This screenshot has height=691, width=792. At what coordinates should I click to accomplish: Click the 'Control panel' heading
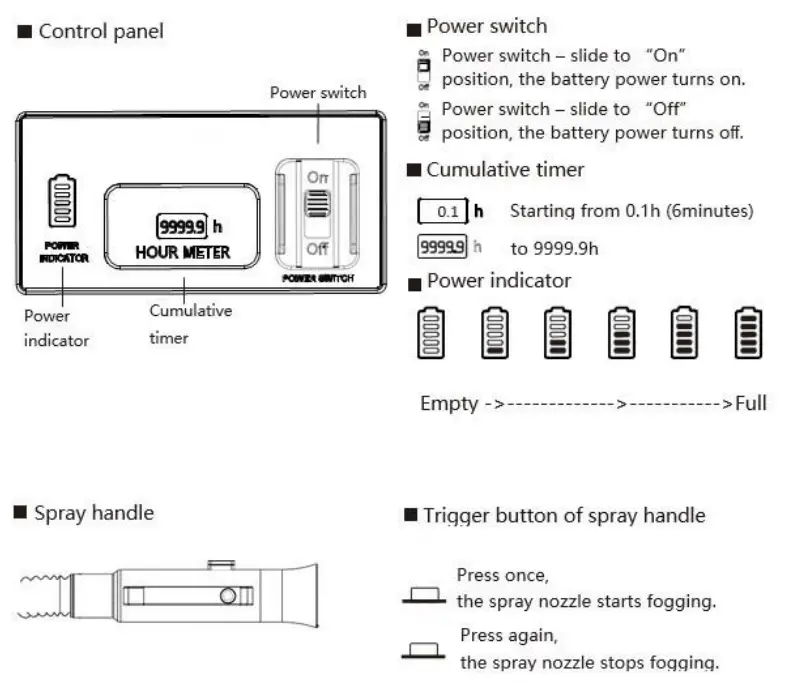[100, 31]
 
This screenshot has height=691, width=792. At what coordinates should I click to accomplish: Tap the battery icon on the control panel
[63, 203]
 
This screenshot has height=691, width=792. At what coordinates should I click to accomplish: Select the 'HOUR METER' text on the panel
[182, 253]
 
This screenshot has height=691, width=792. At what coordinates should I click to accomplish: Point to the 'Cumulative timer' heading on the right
[505, 170]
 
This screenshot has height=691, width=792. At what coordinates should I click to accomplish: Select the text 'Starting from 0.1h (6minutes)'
[631, 211]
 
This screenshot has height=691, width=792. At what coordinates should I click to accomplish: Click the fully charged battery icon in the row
[748, 334]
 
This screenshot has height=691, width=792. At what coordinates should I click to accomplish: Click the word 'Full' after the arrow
[751, 403]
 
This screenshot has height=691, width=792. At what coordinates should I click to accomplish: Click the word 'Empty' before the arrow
[449, 403]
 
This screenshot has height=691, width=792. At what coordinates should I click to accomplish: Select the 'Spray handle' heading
[94, 513]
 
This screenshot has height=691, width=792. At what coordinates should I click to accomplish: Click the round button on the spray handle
[228, 597]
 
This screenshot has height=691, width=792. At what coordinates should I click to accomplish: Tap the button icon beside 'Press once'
[424, 596]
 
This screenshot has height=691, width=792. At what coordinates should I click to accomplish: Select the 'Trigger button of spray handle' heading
[564, 516]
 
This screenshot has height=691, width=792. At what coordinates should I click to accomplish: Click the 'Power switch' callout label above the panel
[318, 93]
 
